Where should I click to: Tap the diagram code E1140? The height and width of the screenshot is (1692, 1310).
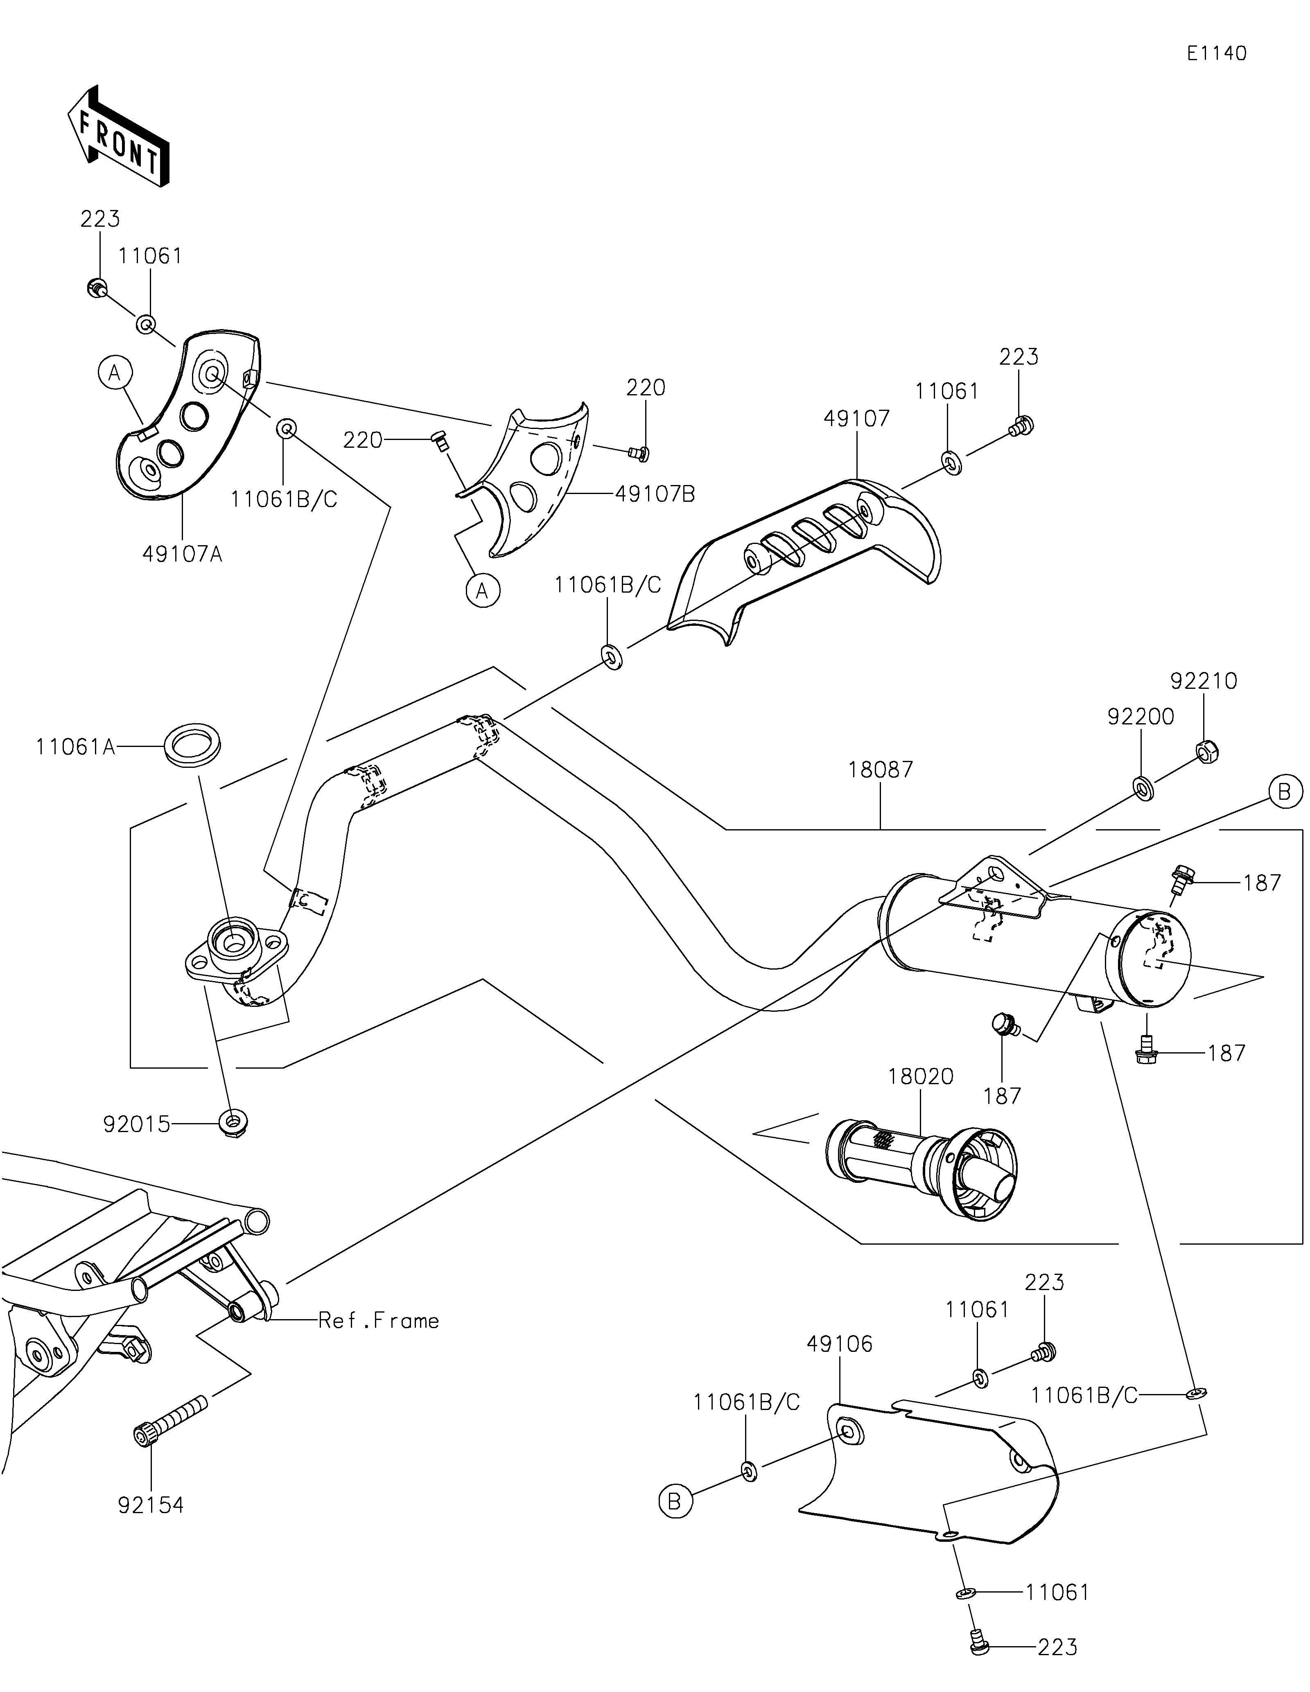[1216, 54]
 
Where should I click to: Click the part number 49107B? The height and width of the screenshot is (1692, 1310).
[655, 494]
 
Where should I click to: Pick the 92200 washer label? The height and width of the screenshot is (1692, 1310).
[1141, 717]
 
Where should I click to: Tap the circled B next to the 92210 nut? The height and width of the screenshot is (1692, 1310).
[1285, 792]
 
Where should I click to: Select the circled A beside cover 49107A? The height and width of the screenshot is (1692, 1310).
[115, 373]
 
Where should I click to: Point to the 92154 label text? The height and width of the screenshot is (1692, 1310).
[151, 1505]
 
